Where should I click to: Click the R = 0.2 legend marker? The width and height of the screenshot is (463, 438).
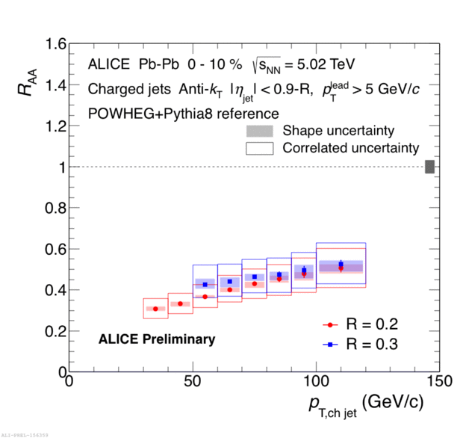click(x=330, y=324)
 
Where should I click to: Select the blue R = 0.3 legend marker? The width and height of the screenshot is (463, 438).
click(x=330, y=345)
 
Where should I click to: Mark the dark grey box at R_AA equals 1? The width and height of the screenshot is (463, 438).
click(x=429, y=167)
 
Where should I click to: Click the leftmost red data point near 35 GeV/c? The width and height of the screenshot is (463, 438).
click(x=155, y=309)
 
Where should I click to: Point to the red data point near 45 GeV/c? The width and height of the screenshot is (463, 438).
click(x=180, y=303)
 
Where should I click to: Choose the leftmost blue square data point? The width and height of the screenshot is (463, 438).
click(x=205, y=284)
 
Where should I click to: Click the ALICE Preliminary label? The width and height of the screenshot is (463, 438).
click(x=157, y=339)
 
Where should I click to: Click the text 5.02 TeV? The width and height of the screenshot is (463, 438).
click(x=324, y=64)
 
